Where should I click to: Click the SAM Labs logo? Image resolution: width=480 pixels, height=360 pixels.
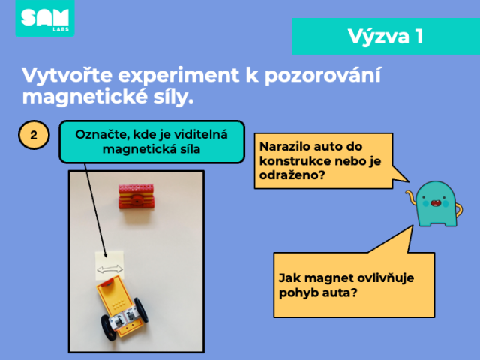(45, 18)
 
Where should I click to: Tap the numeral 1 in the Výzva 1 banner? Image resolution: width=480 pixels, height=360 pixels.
(419, 37)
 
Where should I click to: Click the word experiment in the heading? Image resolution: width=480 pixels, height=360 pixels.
(179, 75)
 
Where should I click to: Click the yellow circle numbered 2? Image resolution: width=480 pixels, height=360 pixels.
(34, 135)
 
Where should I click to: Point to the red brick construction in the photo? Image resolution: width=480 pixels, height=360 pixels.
(136, 196)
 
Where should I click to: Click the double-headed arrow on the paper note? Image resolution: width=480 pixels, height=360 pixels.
(110, 269)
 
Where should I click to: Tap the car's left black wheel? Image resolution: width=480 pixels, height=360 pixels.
(109, 327)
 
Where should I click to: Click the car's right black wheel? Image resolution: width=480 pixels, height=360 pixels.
(142, 310)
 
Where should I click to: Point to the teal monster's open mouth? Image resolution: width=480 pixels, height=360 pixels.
(435, 202)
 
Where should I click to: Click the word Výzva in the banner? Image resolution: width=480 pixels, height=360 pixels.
(378, 37)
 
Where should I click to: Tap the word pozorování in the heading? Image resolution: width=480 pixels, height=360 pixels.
(323, 75)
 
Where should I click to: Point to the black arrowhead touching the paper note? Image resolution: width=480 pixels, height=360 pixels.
(105, 255)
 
